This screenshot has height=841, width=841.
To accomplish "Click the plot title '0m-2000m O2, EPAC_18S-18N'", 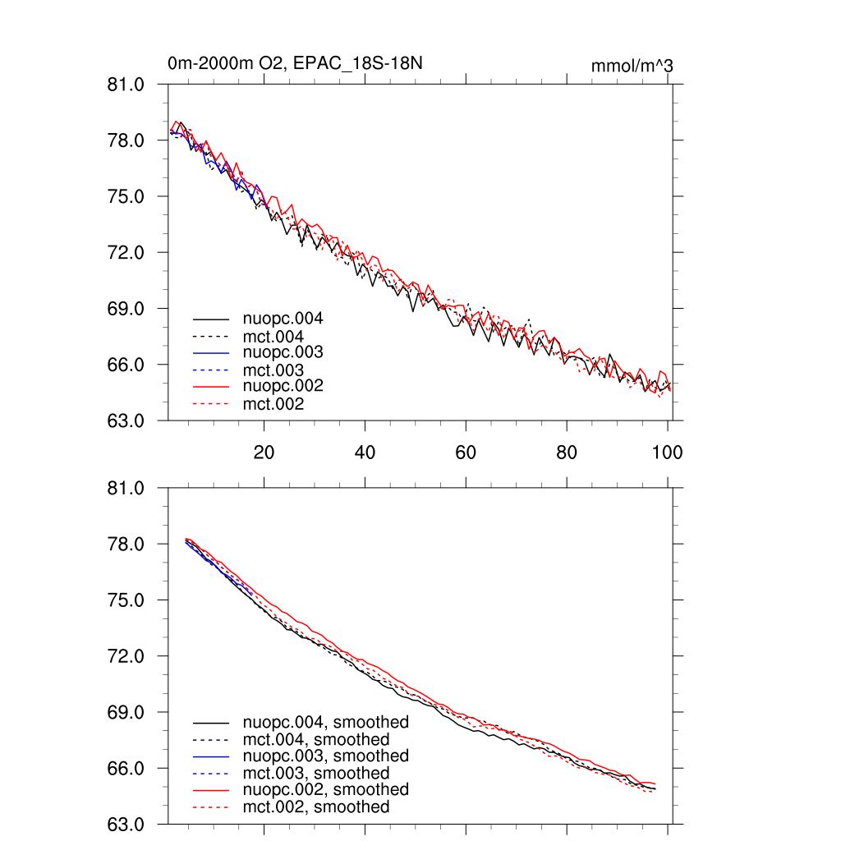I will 295,63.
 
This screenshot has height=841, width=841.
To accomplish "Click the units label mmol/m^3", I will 632,66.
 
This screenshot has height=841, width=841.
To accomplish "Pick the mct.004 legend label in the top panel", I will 273,337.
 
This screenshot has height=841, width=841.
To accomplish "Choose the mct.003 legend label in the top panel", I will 273,370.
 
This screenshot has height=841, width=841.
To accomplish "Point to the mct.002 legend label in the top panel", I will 273,404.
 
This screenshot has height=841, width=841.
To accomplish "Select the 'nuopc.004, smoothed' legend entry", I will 325,723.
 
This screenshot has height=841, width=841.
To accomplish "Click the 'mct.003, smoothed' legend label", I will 316,774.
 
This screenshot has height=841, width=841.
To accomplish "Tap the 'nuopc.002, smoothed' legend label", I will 325,789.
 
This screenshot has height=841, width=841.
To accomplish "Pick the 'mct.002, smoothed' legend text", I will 316,807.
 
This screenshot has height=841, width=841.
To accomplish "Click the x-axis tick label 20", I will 264,452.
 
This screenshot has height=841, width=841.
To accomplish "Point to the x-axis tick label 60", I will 466,452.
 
